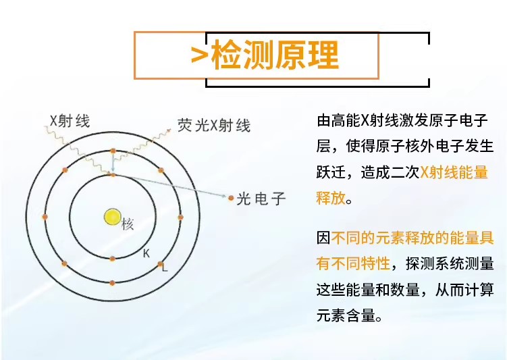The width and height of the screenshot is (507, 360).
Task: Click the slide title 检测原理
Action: pos(274,55)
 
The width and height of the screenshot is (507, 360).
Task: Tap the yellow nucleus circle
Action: pos(112,217)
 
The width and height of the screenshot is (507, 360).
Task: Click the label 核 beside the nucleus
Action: pos(128,224)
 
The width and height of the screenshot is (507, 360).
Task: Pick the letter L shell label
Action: pos(163,267)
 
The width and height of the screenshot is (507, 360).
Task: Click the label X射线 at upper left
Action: pos(70,121)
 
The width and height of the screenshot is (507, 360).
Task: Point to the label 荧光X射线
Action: pos(213,125)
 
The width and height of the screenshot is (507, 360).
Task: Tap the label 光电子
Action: pos(261,199)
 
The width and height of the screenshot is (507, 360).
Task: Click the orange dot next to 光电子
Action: pos(231,198)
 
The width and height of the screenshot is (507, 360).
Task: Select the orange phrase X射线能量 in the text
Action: pos(454,172)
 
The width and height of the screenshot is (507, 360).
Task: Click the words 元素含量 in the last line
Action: pos(345,315)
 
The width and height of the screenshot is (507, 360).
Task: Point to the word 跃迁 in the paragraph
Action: pos(331,172)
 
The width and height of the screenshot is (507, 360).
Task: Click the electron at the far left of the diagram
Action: pos(45,217)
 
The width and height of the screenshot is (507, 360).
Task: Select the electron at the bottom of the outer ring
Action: pos(112,282)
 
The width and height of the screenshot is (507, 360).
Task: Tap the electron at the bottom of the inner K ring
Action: pos(112,259)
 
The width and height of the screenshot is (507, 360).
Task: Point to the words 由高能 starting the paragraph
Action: pos(338,121)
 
